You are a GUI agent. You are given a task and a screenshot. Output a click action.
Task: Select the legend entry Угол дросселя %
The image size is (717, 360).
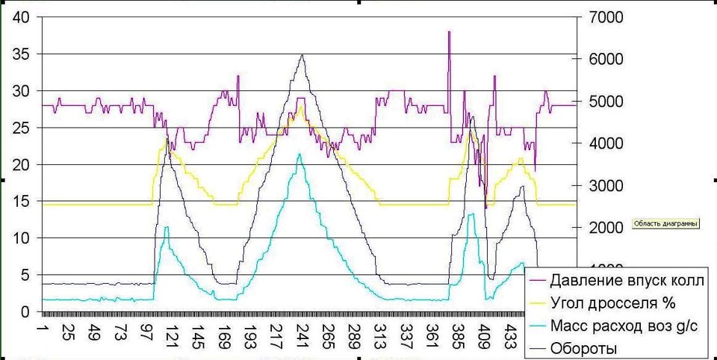(612, 303)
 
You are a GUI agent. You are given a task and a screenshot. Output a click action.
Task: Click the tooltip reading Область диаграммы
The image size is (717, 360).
(665, 223)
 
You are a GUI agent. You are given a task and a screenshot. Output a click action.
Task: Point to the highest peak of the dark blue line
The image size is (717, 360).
(301, 55)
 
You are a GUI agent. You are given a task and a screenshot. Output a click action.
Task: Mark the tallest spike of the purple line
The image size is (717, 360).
(449, 32)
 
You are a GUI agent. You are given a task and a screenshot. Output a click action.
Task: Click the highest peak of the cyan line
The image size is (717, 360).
(299, 155)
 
